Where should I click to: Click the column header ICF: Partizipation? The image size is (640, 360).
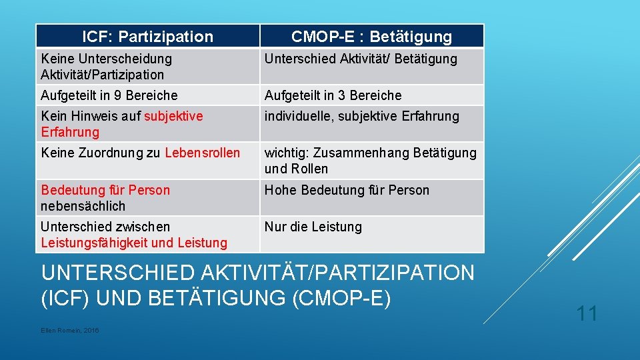[x=147, y=37]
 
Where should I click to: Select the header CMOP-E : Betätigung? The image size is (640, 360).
[x=371, y=37]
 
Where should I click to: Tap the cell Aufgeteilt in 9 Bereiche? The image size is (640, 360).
[x=109, y=95]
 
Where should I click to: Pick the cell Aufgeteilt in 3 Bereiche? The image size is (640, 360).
[x=333, y=95]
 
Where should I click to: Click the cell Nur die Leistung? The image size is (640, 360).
[x=313, y=227]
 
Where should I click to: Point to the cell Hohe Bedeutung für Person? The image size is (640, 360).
[x=347, y=190]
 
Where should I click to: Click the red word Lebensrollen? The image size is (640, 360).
[x=202, y=153]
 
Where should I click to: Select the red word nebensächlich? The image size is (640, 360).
[x=83, y=206]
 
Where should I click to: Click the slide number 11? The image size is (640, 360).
[x=587, y=313]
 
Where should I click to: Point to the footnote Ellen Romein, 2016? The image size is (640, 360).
[x=70, y=331]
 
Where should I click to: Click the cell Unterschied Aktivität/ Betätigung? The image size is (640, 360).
[x=361, y=59]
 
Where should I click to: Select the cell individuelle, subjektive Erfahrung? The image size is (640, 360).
[x=362, y=116]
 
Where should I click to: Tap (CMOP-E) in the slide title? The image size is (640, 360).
[x=341, y=298]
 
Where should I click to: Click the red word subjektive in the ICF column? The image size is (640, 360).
[x=173, y=116]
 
